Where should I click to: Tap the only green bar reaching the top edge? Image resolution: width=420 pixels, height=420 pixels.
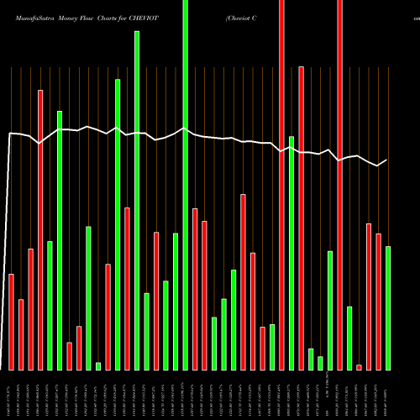coord(186,185)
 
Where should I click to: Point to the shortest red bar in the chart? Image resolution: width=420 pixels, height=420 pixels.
coord(359,367)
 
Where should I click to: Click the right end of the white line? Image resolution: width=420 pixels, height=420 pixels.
coord(386,160)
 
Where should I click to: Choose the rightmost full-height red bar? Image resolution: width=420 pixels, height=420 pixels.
coord(339,185)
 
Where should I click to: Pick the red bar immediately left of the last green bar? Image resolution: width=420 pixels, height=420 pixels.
coord(378,302)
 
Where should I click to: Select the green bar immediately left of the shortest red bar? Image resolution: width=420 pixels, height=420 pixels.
coord(349,338)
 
